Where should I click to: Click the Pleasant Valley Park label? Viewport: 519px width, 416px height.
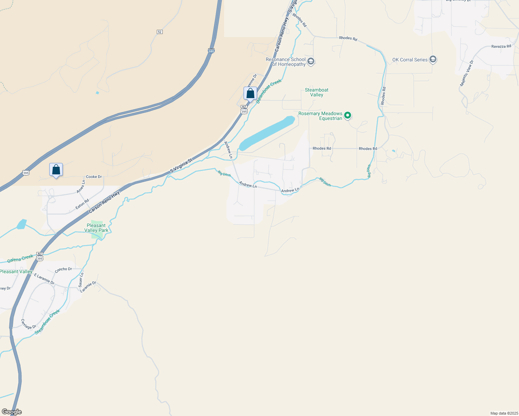(96, 228)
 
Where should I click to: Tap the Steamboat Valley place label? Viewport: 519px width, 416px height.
(316, 92)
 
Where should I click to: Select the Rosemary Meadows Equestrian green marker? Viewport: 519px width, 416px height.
(348, 115)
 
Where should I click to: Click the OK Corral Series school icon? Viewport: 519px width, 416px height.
(433, 60)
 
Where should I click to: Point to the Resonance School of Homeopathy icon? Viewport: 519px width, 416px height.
(310, 62)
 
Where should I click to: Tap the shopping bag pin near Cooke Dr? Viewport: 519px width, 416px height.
(56, 170)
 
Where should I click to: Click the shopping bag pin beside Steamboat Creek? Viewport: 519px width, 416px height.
(250, 94)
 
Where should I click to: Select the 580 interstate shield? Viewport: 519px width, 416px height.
(211, 51)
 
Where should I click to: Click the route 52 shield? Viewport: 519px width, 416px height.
(159, 32)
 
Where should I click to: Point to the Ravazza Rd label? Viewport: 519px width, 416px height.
(501, 46)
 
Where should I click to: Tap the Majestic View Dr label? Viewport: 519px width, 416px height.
(466, 73)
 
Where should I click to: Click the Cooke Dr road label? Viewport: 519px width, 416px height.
(94, 177)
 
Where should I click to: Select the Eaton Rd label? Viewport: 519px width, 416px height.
(82, 204)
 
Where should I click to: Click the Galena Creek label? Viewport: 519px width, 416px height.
(20, 258)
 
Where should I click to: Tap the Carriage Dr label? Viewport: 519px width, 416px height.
(28, 324)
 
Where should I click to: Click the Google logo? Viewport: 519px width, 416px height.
(11, 412)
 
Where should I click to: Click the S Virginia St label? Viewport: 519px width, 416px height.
(181, 166)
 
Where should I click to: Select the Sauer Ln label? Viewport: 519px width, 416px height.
(81, 280)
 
